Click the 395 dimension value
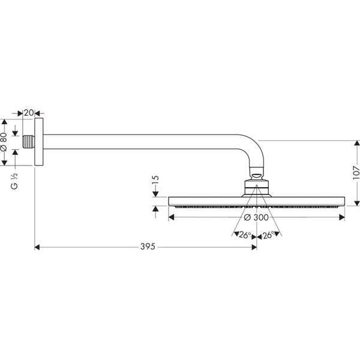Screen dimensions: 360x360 [x=148, y=247]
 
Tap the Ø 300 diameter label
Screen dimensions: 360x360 [x=256, y=217]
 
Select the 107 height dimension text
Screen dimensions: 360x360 [x=356, y=173]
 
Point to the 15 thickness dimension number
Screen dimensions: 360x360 [x=155, y=180]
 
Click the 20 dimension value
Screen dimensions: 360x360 [x=29, y=113]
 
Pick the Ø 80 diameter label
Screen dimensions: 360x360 [x=4, y=142]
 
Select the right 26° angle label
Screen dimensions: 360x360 [x=268, y=235]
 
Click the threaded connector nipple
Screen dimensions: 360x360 [x=28, y=142]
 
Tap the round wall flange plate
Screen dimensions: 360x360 [x=39, y=142]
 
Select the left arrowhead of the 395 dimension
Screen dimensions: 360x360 [x=37, y=247]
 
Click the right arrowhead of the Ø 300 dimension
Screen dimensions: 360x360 [x=342, y=217]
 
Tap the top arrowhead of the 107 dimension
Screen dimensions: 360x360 [x=357, y=143]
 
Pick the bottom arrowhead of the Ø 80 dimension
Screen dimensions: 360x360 [x=4, y=163]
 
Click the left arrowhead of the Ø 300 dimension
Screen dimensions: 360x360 [x=171, y=217]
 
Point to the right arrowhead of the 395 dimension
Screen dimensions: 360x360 [x=254, y=247]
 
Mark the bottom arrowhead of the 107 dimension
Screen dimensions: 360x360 [x=357, y=203]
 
